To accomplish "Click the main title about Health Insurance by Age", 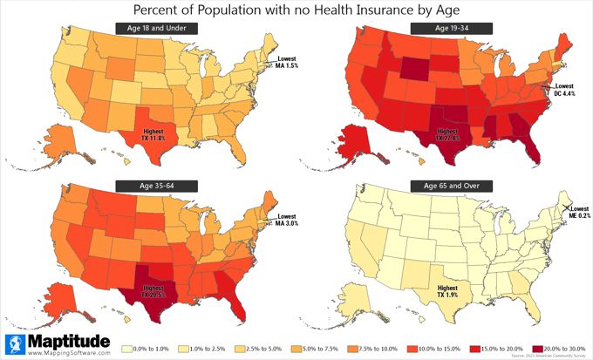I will point(296,10).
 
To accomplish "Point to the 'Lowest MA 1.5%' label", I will point(289,63).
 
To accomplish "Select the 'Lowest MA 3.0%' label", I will point(289,220).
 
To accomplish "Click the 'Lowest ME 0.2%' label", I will point(572,213).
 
